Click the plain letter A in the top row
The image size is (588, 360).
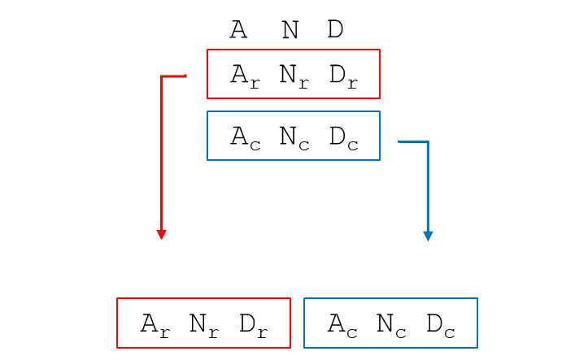(238, 30)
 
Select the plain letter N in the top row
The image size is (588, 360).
(290, 30)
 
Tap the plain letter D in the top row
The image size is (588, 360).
(335, 30)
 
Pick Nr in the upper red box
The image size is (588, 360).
(293, 76)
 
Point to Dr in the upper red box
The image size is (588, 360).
(342, 76)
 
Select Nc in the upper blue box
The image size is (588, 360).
(293, 137)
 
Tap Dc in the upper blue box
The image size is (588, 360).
(342, 137)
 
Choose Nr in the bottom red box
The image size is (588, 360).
(203, 324)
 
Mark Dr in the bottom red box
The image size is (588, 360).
(252, 324)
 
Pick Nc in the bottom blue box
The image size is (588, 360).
(390, 325)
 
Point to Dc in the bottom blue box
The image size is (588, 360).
(440, 325)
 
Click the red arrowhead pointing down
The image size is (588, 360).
(162, 234)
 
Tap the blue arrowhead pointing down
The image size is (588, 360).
(428, 236)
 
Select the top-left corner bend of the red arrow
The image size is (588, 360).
(163, 77)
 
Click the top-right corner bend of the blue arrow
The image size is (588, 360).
(427, 143)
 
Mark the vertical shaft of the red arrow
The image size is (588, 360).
(162, 154)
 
